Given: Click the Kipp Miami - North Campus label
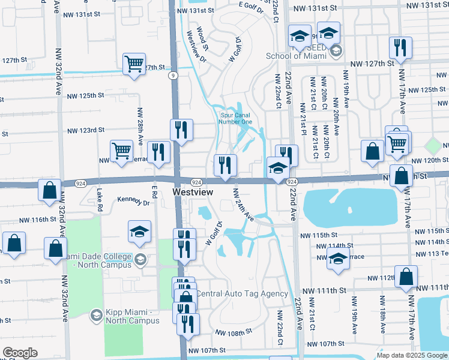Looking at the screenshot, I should tap(133, 316).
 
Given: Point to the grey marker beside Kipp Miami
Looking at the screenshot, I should tap(96, 315).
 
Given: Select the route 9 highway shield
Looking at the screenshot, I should tap(173, 76).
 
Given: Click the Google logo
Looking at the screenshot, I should tap(20, 353).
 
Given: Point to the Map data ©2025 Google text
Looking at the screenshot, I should tap(412, 355).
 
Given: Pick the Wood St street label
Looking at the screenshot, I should tap(203, 37).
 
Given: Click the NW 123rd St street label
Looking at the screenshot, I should tap(86, 130).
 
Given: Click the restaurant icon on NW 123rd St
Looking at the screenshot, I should tap(181, 130).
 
